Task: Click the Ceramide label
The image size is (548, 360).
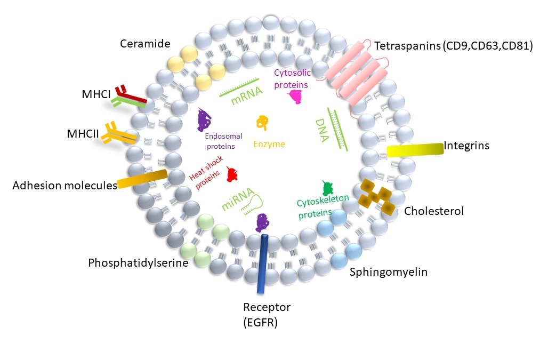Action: click(142, 43)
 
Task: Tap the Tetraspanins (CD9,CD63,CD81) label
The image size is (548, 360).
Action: click(454, 46)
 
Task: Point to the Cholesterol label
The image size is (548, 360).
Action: click(434, 211)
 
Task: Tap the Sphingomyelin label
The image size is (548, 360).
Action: click(389, 272)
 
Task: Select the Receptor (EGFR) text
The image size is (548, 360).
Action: click(267, 315)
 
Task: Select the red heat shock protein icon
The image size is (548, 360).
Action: click(232, 174)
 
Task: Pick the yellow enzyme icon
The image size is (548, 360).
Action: click(261, 123)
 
